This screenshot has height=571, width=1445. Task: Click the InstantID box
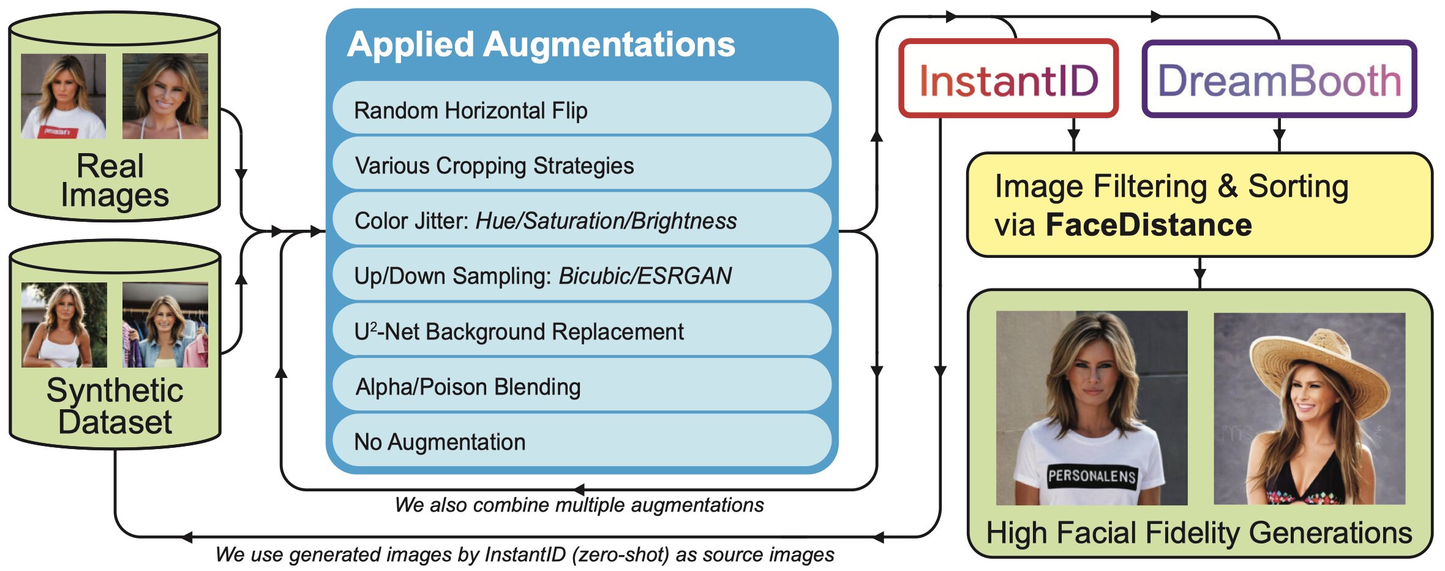coord(1008,80)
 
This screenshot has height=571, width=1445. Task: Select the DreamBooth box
coord(1278,80)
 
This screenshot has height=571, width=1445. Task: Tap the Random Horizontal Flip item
coord(582,110)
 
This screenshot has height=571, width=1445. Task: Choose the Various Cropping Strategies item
coord(582,165)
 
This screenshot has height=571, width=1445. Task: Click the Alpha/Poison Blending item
coord(582,387)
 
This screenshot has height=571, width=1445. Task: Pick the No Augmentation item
coord(582,442)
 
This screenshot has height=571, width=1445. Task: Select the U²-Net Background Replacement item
coord(582,331)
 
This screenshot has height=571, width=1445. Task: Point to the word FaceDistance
coord(1149,225)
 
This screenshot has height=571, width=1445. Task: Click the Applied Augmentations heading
coord(541,45)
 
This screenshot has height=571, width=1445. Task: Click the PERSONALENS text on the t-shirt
coord(1092,476)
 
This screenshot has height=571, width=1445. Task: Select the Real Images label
coord(114,181)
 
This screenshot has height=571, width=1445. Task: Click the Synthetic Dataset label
coord(114,406)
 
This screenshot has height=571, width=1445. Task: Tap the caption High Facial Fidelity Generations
coord(1199,532)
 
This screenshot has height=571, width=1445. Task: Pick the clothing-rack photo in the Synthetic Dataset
coord(165,325)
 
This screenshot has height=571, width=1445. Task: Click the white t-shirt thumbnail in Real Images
coord(64,96)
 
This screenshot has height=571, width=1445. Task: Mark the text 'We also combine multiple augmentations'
coord(579,505)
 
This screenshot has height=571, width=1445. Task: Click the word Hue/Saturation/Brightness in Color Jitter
coord(606,221)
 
